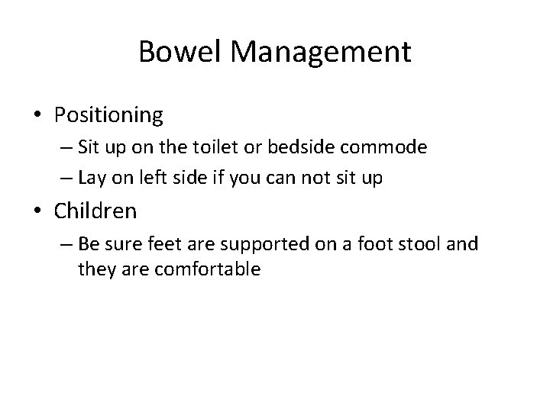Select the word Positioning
[108, 115]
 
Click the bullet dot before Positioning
[38, 116]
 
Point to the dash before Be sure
[62, 243]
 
